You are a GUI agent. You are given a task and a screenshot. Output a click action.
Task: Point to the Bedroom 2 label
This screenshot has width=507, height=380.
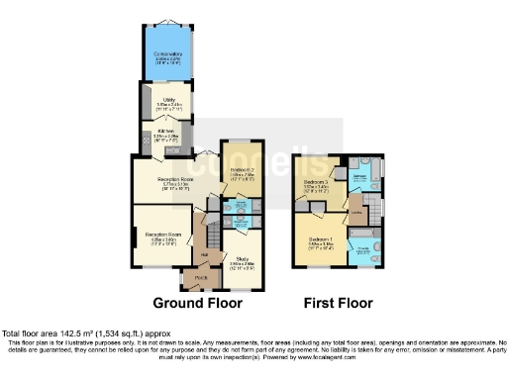(244, 171)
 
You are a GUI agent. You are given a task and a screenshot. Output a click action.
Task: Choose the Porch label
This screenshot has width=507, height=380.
(201, 279)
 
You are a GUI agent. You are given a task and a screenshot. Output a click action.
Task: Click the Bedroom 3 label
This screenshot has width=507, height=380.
(317, 181)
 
